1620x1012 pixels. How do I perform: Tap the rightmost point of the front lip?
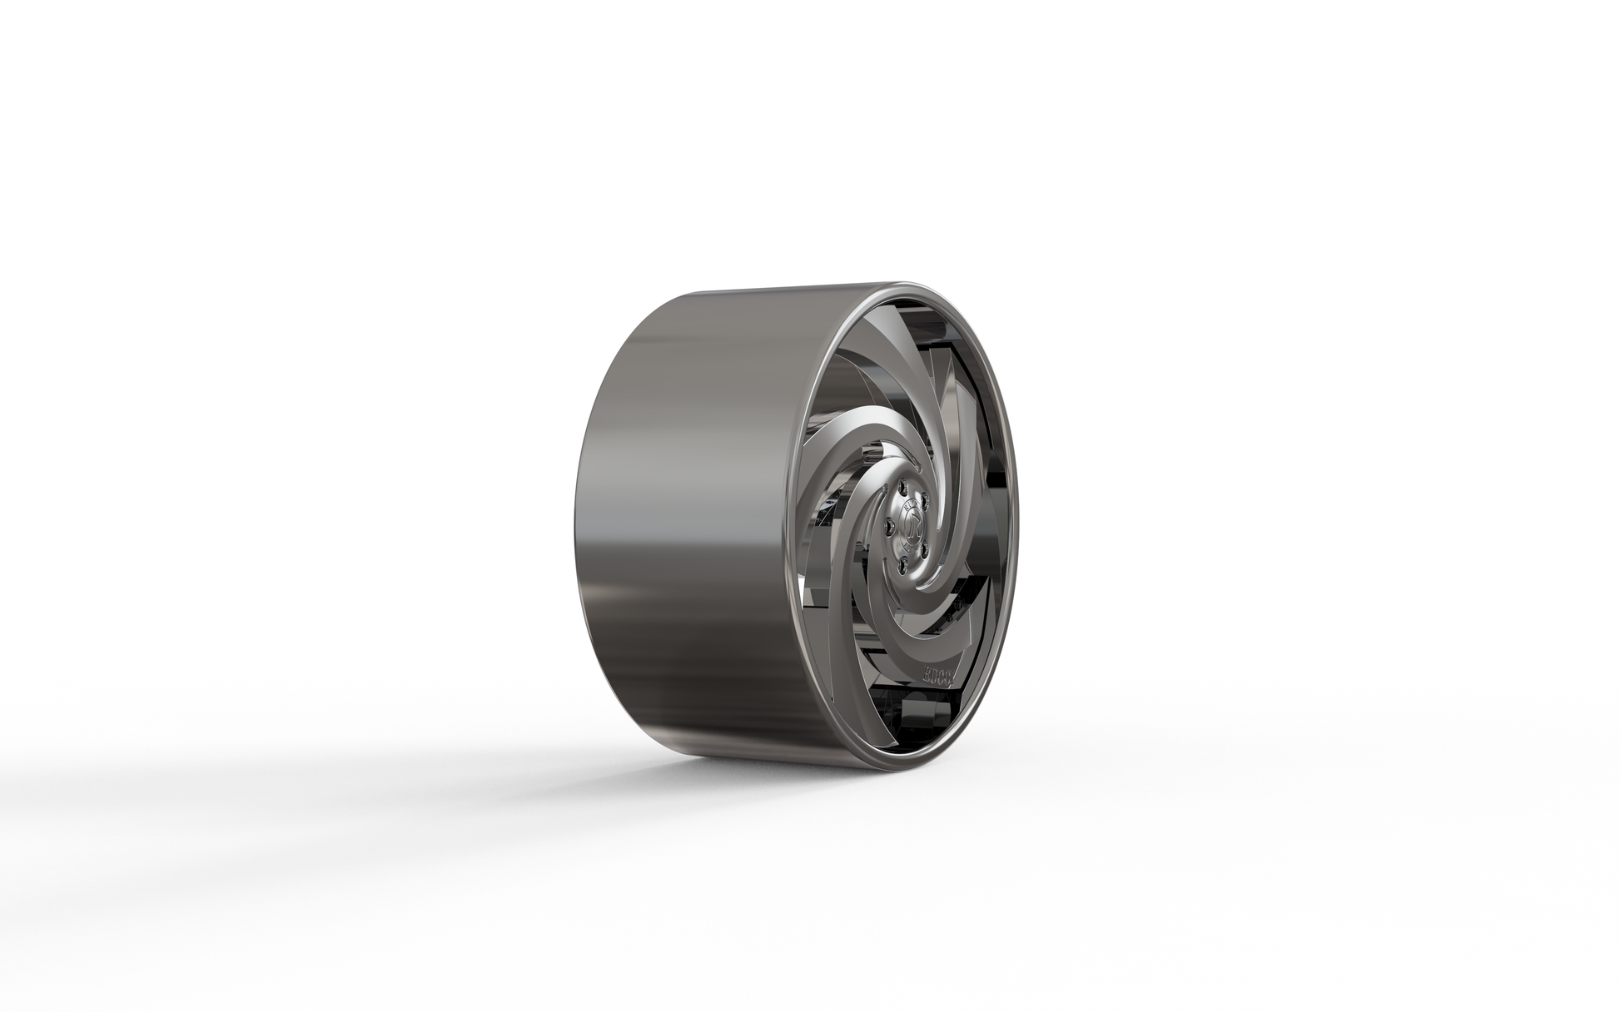[x=1021, y=533]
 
